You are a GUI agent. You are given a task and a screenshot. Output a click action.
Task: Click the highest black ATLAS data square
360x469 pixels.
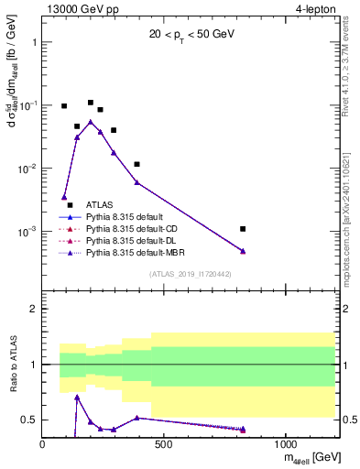91,103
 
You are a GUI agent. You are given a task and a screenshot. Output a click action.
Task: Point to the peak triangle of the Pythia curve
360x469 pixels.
91,121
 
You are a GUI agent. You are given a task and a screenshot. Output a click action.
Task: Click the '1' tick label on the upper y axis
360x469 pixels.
34,42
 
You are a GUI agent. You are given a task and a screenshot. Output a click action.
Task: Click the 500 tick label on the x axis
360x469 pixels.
164,444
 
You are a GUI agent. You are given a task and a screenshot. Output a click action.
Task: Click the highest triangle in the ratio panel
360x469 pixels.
77,397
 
